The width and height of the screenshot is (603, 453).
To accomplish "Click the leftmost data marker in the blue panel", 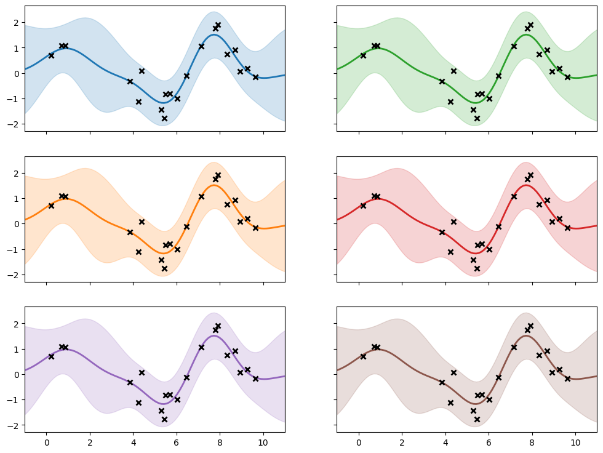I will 51,55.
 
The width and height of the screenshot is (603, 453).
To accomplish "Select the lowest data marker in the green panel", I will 477,118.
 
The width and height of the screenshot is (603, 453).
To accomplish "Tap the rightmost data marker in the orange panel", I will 256,228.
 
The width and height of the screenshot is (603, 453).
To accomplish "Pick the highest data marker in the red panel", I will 530,175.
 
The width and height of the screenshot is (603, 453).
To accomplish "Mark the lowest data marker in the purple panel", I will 164,419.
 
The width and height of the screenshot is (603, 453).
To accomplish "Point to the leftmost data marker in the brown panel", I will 363,356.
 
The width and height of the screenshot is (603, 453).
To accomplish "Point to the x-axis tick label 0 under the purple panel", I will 46,442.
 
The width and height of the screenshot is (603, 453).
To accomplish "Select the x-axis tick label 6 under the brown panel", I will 489,442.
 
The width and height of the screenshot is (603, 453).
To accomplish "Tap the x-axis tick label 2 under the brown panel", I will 402,442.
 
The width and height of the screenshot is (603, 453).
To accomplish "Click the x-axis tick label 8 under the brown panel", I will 532,442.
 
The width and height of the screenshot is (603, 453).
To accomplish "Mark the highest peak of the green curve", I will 526,34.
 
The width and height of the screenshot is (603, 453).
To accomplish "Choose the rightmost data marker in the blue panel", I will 256,77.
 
